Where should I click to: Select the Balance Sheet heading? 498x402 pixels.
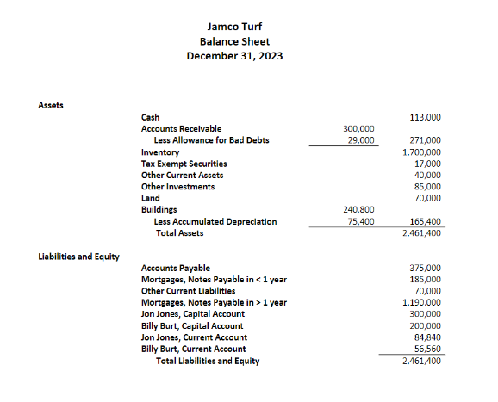coord(235,40)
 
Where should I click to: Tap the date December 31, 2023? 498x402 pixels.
coord(235,56)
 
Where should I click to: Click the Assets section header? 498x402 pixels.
coord(51,104)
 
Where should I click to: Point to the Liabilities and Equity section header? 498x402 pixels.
coord(79,257)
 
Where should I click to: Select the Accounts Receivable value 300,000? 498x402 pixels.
coord(358,128)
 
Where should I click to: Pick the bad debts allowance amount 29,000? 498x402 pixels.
coord(361,139)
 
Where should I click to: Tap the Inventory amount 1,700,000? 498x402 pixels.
coord(422,152)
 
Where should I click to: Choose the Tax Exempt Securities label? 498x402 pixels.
coord(184,164)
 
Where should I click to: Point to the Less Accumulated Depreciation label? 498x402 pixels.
coord(215,221)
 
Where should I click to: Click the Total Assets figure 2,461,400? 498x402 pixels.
coord(422,233)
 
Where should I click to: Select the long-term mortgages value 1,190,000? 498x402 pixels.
coord(422,303)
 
